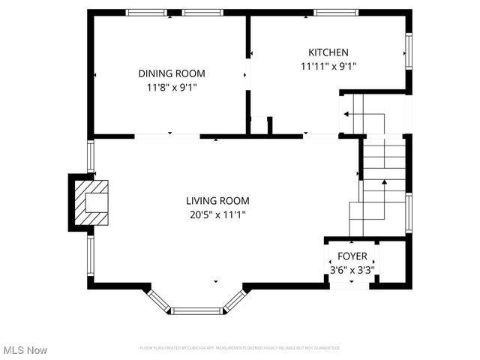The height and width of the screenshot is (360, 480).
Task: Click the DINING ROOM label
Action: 171,73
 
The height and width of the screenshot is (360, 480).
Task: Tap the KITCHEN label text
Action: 328,52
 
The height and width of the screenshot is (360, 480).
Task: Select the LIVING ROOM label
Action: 217,201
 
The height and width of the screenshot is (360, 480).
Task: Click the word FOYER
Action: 352,256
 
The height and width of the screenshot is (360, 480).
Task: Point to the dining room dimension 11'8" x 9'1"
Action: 171,87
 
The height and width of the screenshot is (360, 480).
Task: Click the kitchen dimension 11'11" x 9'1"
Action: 328,66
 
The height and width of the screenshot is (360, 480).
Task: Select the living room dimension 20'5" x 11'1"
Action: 217,214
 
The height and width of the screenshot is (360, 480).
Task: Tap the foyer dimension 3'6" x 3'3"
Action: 352,269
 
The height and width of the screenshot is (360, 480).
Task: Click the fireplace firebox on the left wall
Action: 95,202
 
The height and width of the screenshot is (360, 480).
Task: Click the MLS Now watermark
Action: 25,350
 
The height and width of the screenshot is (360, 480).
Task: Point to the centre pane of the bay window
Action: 197,310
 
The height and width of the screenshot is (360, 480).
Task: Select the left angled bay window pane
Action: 158,299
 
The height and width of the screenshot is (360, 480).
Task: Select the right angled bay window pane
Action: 235,299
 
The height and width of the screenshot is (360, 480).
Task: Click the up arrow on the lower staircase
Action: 384,182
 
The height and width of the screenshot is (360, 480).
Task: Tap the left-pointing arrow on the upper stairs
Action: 346,114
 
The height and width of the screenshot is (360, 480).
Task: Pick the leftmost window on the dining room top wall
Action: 145,13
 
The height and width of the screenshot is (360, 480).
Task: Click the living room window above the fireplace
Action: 90,157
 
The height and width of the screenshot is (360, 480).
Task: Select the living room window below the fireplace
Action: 90,256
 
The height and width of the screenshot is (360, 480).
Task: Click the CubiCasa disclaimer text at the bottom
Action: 240,348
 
